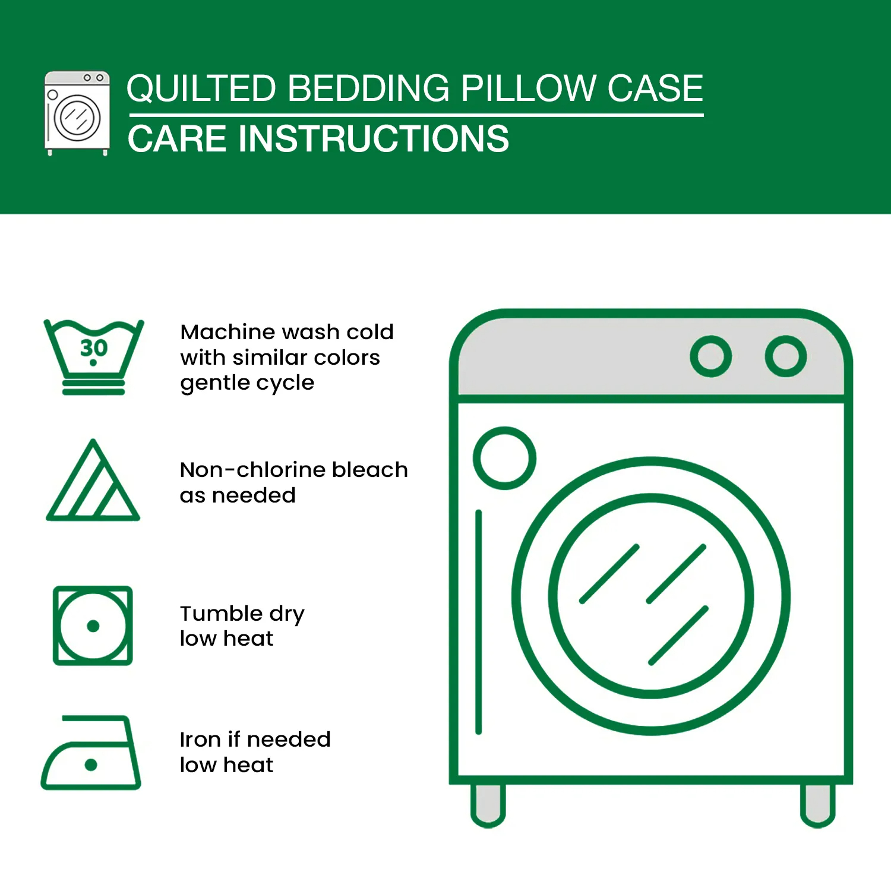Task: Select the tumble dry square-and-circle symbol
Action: pyautogui.click(x=93, y=625)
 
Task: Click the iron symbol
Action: pyautogui.click(x=91, y=754)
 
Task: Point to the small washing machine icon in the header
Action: pyautogui.click(x=77, y=113)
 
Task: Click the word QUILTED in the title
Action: pyautogui.click(x=201, y=89)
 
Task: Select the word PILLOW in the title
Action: pyautogui.click(x=523, y=89)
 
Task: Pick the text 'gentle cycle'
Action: pyautogui.click(x=247, y=383)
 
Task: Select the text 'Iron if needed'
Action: pyautogui.click(x=255, y=740)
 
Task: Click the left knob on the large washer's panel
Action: pyautogui.click(x=710, y=356)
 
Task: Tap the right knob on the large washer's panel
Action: pyautogui.click(x=785, y=356)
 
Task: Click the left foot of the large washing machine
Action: pyautogui.click(x=488, y=805)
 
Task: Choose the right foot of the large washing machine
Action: pyautogui.click(x=817, y=805)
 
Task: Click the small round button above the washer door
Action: pyautogui.click(x=504, y=458)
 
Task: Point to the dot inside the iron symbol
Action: pyautogui.click(x=91, y=764)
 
